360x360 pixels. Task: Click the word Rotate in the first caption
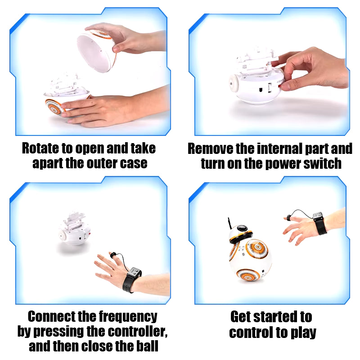coord(40,148)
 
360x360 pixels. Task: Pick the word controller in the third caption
coord(137,332)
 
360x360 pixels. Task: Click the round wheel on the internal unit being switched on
coord(234,83)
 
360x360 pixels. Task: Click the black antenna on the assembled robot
coord(229,223)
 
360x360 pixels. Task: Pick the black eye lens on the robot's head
coord(242,228)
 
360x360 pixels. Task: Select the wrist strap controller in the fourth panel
coord(319,223)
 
